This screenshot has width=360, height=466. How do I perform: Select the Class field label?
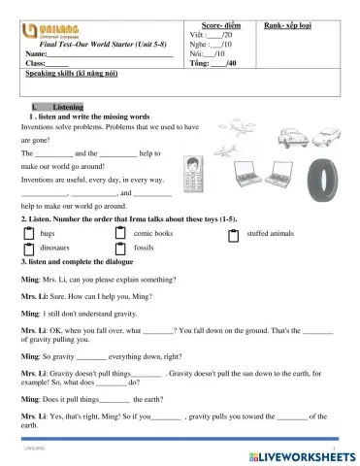pyautogui.click(x=33, y=63)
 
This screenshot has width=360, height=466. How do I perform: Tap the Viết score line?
pyautogui.click(x=213, y=34)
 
